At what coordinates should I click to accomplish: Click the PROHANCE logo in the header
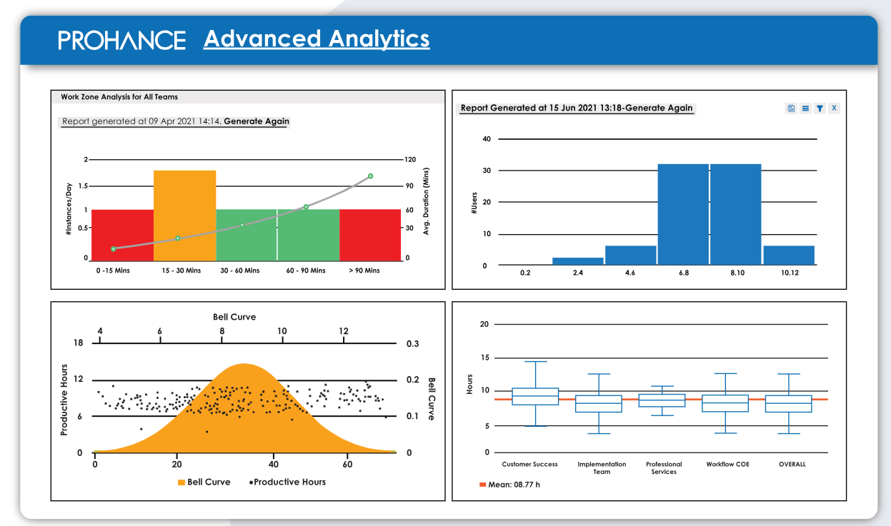click(x=121, y=40)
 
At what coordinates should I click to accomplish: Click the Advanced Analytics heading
click(x=317, y=39)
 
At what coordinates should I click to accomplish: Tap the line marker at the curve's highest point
click(x=370, y=176)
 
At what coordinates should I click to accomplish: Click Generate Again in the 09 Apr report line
click(x=257, y=121)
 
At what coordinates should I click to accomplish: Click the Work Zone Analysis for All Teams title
click(x=119, y=96)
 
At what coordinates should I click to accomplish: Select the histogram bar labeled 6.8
click(x=683, y=214)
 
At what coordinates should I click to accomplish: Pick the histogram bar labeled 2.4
click(x=577, y=261)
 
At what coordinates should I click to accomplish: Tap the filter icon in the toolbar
click(x=820, y=108)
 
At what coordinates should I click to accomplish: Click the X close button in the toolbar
click(x=834, y=108)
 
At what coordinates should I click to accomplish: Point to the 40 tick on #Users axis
click(x=486, y=138)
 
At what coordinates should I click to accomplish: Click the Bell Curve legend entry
click(x=204, y=482)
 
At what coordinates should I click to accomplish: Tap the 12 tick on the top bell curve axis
click(x=344, y=331)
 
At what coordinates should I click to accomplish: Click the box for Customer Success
click(x=535, y=396)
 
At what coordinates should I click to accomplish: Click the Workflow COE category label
click(x=727, y=464)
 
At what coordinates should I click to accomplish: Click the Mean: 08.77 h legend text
click(x=514, y=485)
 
